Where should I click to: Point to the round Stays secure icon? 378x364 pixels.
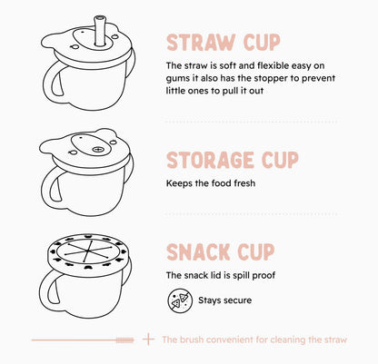click(x=178, y=300)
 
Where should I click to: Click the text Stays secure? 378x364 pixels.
click(x=224, y=300)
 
